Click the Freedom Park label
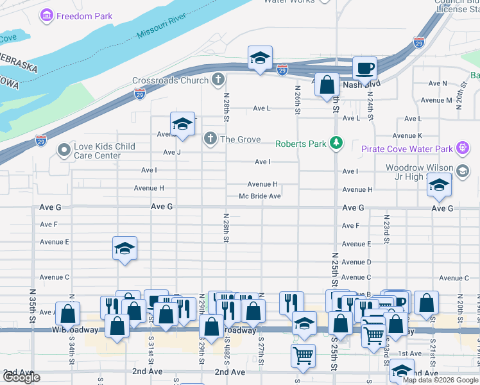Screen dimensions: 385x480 coord(84,16)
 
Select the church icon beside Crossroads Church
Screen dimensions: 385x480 coord(218,80)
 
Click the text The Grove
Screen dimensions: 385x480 coord(240,139)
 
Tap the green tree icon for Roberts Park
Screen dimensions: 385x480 coord(335,143)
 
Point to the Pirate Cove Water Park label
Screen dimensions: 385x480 coord(407,149)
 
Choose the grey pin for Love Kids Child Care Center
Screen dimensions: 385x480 coord(63,151)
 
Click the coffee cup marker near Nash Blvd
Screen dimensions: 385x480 coord(364,68)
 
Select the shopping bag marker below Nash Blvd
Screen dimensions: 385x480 coord(327,85)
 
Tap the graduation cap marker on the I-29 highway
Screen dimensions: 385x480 coord(260,58)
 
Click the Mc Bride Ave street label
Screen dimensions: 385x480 coord(260,196)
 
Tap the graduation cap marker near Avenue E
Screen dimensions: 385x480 coord(124,248)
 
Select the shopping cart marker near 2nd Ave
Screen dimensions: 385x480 coord(303,355)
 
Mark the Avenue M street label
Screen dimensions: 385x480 coord(436,100)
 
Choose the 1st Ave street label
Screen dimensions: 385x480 coord(409,354)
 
